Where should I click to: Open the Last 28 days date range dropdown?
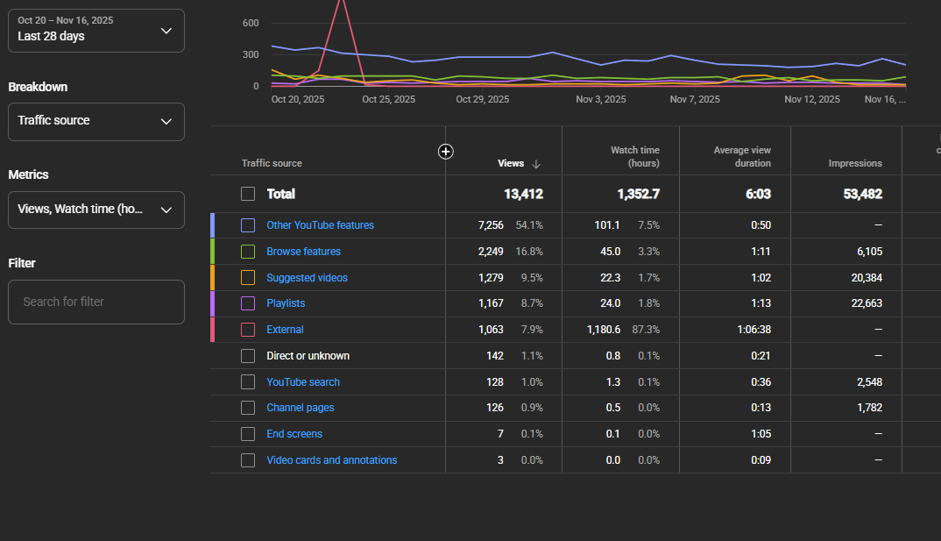coord(96,31)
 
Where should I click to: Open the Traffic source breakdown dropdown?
coord(96,122)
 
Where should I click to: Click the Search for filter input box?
coord(96,302)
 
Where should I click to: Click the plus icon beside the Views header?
coord(445,152)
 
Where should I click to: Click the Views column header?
coord(511,163)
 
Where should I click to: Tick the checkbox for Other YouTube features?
coord(248,225)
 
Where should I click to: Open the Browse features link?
coord(304,252)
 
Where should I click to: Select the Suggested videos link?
coord(308,278)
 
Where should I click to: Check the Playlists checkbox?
coord(248,304)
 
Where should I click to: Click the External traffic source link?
coord(285,330)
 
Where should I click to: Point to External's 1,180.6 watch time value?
coord(604,330)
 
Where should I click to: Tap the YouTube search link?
coord(303,382)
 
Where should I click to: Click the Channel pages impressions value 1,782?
coord(869,408)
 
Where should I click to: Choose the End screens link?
coord(294,434)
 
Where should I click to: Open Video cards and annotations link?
coord(332,460)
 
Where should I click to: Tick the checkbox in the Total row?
coord(248,194)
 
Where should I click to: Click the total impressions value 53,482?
coord(863,194)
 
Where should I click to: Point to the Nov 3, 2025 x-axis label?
coord(601,100)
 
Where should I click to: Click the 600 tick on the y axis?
coord(251,23)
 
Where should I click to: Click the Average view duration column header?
coord(742,157)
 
